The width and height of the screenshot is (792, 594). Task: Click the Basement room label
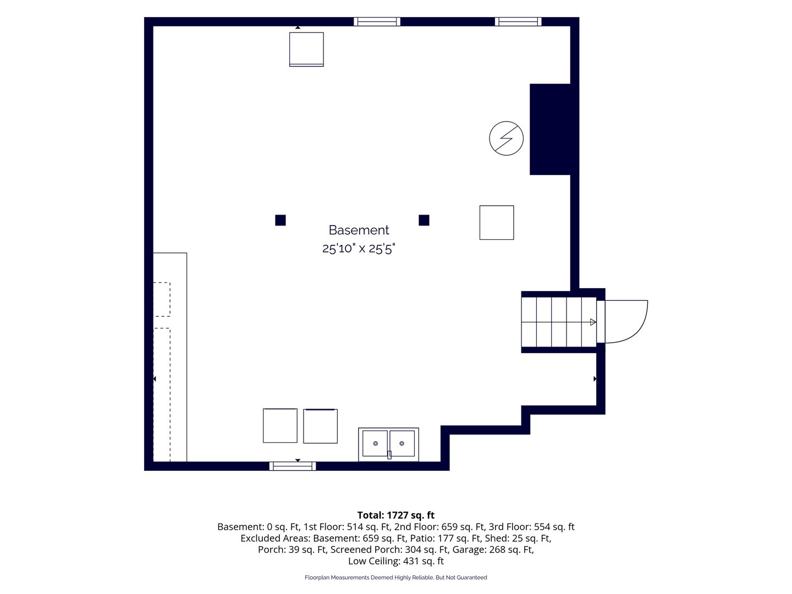(359, 230)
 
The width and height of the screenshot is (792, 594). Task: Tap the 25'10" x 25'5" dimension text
(359, 249)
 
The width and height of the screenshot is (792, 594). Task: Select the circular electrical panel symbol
(506, 138)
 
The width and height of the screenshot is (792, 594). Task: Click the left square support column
(280, 220)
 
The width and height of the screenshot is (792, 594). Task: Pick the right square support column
(424, 220)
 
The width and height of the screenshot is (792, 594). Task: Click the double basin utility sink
(389, 444)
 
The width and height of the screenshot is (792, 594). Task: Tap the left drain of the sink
(376, 443)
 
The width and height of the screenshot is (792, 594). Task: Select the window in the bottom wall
(293, 466)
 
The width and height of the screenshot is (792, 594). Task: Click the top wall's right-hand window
(518, 21)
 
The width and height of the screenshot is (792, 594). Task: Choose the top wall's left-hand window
(377, 21)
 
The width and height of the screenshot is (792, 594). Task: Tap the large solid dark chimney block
(550, 129)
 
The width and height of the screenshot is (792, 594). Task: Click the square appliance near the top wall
(306, 50)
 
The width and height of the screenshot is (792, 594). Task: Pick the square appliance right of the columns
(497, 223)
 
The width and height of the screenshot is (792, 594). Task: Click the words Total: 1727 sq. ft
(396, 515)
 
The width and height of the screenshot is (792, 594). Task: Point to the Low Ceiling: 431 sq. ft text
(396, 561)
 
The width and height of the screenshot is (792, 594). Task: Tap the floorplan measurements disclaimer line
(396, 577)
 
